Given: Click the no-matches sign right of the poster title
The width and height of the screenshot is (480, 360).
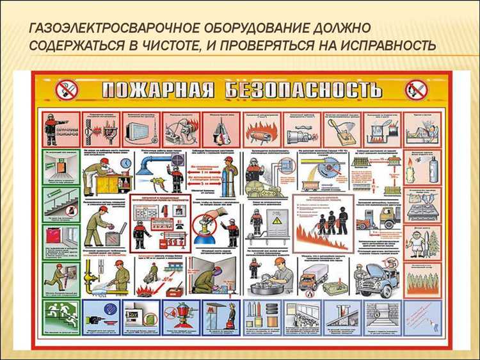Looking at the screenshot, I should [417, 90].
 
